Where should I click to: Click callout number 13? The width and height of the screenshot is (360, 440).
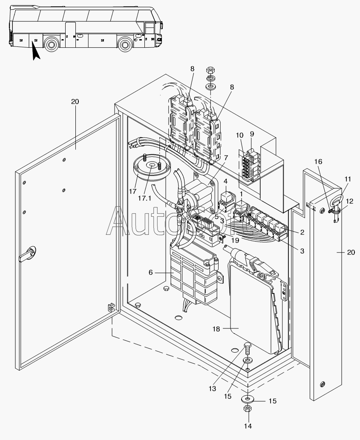click(x=213, y=388)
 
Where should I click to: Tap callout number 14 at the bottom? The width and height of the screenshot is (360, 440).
click(x=248, y=426)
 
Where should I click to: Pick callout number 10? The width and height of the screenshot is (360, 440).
click(x=240, y=135)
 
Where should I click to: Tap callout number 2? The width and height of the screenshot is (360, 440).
click(x=302, y=232)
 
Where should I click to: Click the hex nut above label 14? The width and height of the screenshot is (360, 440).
click(x=248, y=409)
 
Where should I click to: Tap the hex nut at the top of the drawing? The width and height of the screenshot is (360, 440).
click(x=210, y=69)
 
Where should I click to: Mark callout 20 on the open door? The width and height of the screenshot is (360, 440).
click(x=75, y=101)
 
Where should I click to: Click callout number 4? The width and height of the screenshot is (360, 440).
click(x=225, y=182)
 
